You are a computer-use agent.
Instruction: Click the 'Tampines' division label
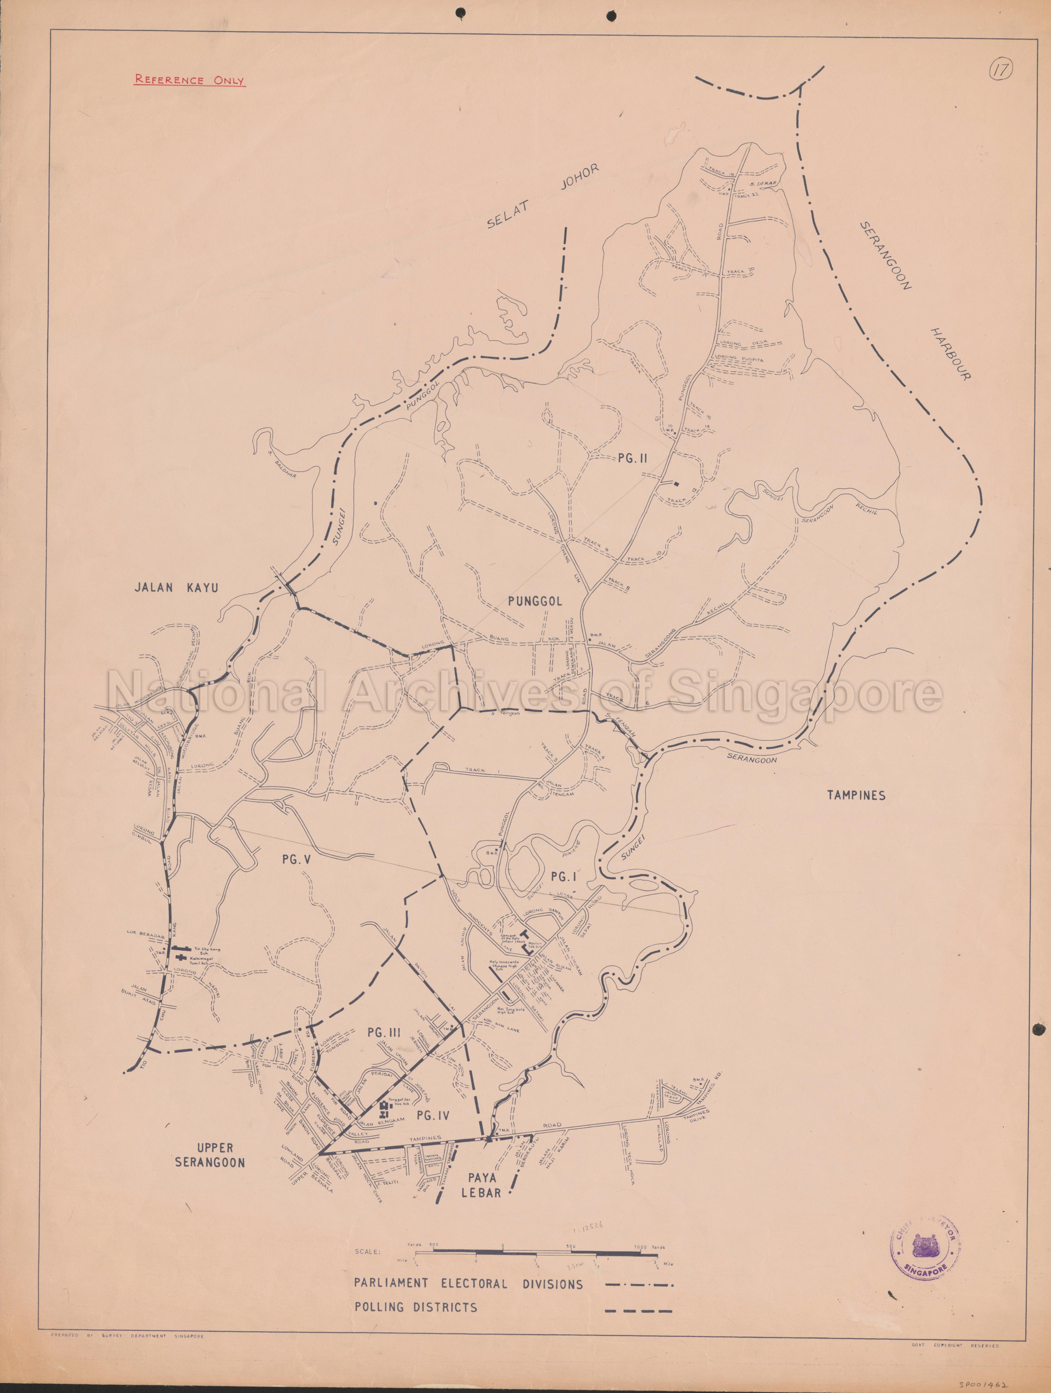click(x=856, y=795)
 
